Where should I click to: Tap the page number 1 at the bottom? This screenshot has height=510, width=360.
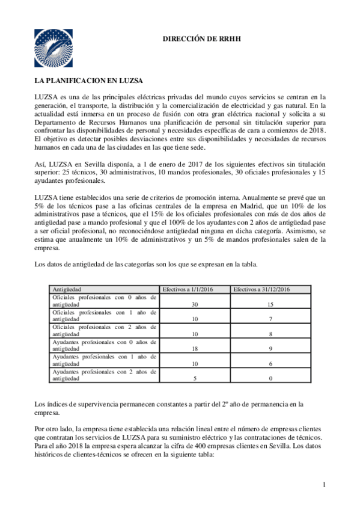323,485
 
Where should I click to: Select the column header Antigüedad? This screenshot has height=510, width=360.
67,289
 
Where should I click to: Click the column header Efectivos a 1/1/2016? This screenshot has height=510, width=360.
194,289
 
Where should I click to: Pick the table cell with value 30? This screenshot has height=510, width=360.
194,305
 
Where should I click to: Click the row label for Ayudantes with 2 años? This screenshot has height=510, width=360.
105,374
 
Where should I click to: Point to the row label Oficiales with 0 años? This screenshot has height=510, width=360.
105,301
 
